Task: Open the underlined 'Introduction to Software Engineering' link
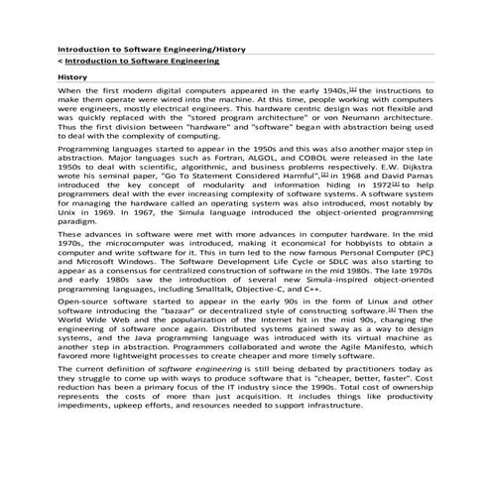tap(142, 61)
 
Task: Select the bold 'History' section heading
tap(73, 76)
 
